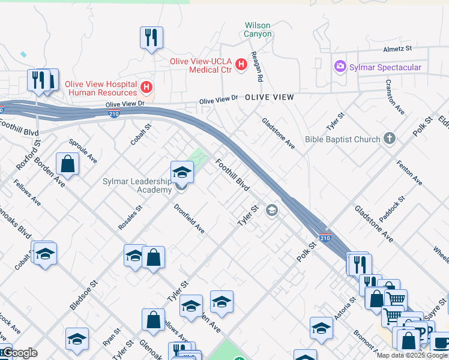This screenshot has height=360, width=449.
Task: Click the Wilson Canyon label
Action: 258,30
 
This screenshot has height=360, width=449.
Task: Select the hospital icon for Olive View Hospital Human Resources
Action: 146,88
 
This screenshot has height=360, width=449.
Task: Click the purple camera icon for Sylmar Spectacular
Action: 340,67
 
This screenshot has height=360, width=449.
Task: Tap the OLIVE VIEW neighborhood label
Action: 270,97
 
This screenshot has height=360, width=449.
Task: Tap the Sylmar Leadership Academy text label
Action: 137,185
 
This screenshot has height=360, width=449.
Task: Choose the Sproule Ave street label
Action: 83,152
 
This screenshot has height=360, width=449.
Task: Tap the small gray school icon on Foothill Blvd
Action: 272,210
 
